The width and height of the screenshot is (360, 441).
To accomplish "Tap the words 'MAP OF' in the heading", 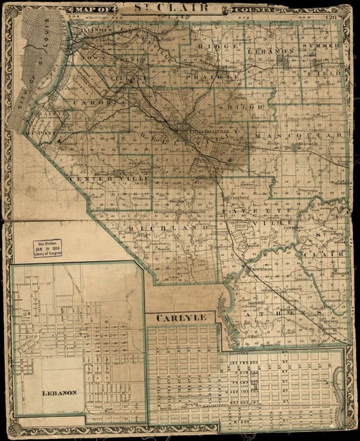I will [92, 10].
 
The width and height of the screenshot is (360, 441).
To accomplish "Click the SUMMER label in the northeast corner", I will [322, 45].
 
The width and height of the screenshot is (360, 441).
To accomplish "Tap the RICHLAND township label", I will [168, 227].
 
